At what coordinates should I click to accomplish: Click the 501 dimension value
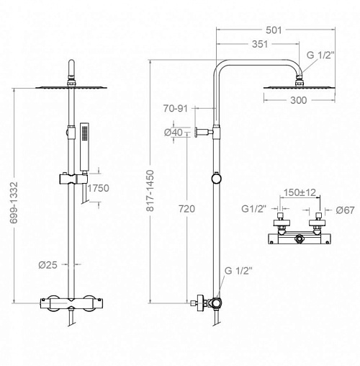click(274, 30)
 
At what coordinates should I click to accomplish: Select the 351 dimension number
click(260, 44)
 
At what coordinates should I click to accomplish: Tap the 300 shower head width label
click(298, 100)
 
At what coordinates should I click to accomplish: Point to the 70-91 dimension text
click(175, 109)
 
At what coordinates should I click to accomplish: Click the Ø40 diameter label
click(174, 133)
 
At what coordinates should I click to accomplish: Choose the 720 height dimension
click(186, 209)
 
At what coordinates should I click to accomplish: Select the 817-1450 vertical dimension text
click(150, 191)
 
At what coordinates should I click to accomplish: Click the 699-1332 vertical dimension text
click(14, 202)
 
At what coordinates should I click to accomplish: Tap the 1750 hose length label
click(98, 188)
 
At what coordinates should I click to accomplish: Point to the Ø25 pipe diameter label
click(48, 265)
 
